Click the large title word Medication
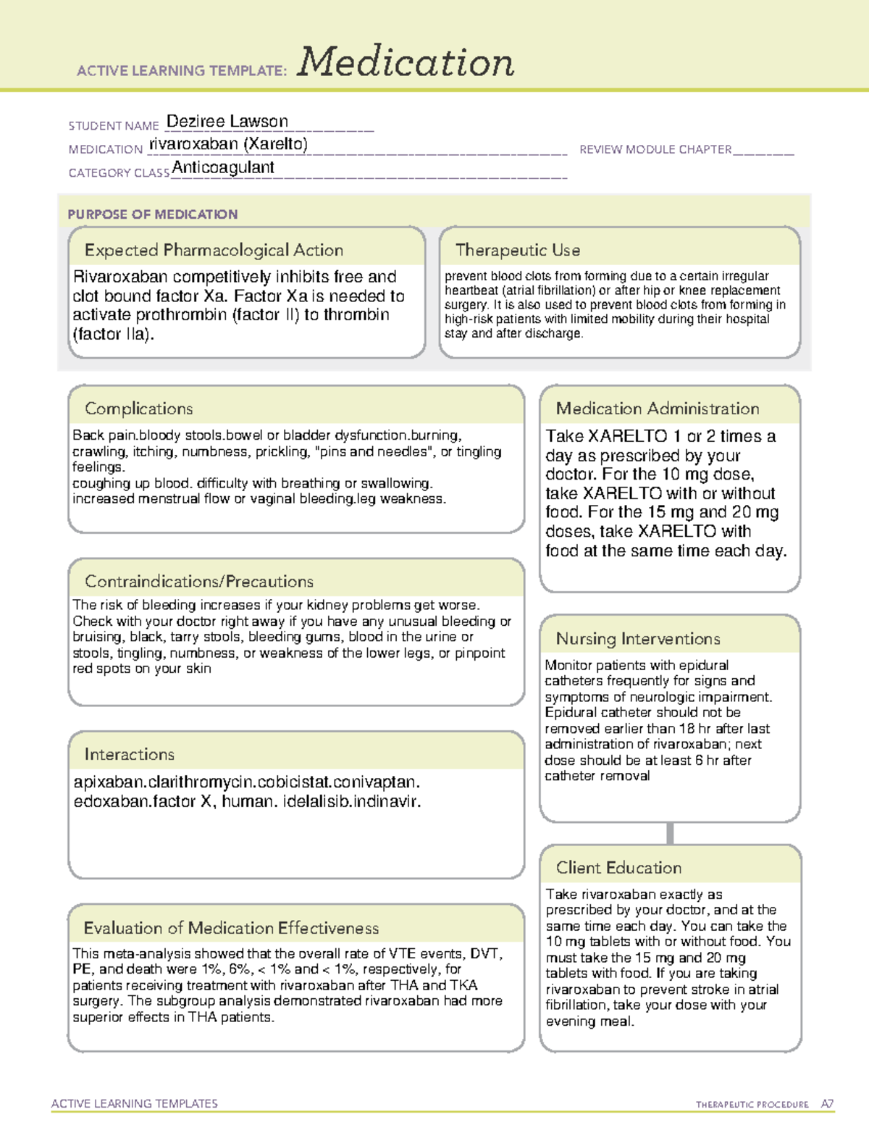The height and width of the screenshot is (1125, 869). pyautogui.click(x=406, y=62)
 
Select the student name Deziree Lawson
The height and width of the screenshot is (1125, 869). pyautogui.click(x=227, y=121)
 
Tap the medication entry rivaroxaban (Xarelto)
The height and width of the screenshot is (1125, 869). pyautogui.click(x=228, y=144)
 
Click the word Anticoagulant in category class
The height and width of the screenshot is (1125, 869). pyautogui.click(x=223, y=167)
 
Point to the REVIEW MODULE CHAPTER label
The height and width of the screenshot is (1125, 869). pyautogui.click(x=655, y=149)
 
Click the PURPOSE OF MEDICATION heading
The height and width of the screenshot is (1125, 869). pyautogui.click(x=152, y=214)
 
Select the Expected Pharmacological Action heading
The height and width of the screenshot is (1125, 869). pyautogui.click(x=214, y=250)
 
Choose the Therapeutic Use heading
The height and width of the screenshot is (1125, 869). pyautogui.click(x=518, y=250)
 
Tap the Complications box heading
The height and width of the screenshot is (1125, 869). pyautogui.click(x=139, y=409)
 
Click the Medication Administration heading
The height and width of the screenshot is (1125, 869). pyautogui.click(x=658, y=409)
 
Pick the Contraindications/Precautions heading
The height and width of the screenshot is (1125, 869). pyautogui.click(x=199, y=581)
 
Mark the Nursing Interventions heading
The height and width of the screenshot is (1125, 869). pyautogui.click(x=638, y=638)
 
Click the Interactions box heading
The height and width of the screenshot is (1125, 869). pyautogui.click(x=130, y=754)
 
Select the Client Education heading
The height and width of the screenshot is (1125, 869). pyautogui.click(x=619, y=867)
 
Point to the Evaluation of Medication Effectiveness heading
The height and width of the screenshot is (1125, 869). pyautogui.click(x=231, y=928)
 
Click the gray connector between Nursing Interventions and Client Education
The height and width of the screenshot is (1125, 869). pyautogui.click(x=670, y=833)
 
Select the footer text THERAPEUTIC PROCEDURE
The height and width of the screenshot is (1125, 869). pyautogui.click(x=752, y=1105)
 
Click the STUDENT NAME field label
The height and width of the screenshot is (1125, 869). pyautogui.click(x=114, y=126)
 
